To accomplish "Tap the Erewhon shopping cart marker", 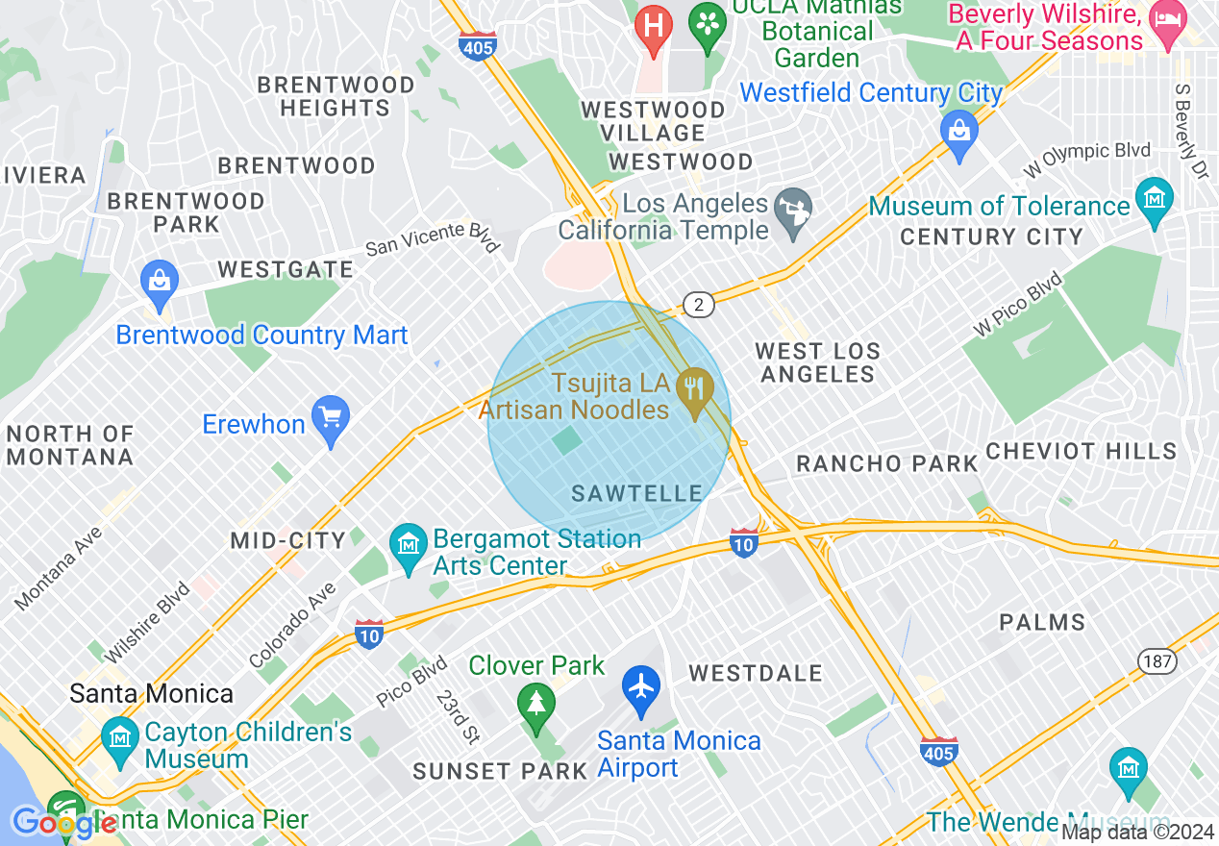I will coord(331,419).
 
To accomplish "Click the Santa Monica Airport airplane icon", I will coord(641,688).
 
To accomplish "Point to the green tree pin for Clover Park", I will coord(535,703).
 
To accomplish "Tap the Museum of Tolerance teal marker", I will coord(1154,200).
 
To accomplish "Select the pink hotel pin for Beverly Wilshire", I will coord(1169,22).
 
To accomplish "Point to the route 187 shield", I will coord(1157,660).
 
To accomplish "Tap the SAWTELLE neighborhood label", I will coord(636,493).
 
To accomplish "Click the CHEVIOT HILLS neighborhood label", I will coord(1081,451).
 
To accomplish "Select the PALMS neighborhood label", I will coord(1042,623).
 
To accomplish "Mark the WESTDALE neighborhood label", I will coord(756,673).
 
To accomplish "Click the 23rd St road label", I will coord(457,715).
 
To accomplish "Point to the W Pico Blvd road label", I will coord(1017,304).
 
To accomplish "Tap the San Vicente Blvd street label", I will coord(434,236).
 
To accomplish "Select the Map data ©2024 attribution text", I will coord(1138,833).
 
